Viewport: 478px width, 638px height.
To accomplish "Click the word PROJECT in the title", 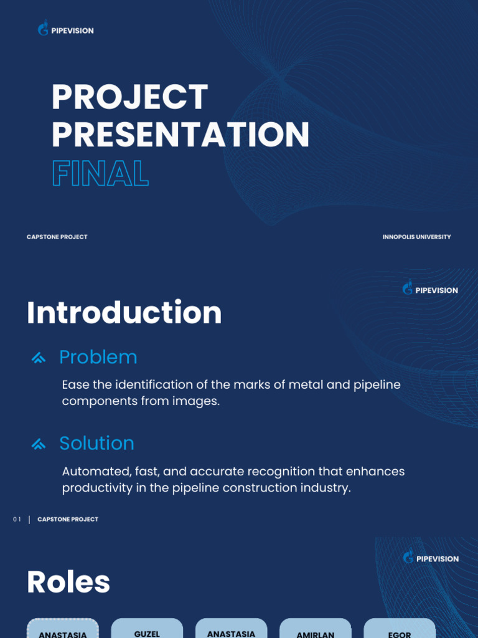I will (x=129, y=97).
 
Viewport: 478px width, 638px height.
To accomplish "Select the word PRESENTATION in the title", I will (x=180, y=135).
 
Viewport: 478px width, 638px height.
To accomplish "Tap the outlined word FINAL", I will (x=100, y=173).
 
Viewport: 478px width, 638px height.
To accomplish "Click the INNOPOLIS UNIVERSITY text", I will (x=416, y=237).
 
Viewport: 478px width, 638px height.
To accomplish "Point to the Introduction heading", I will (x=124, y=313).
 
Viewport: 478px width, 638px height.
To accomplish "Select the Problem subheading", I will (x=98, y=357).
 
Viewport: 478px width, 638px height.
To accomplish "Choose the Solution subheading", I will (x=96, y=443).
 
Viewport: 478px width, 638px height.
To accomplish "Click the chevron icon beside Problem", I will (x=39, y=358).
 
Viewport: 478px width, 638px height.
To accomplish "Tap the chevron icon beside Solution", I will (x=39, y=444).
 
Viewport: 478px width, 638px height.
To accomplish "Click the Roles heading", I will (x=68, y=583).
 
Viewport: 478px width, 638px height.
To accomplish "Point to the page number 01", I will (x=17, y=520).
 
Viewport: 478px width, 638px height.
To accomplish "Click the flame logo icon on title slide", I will (x=43, y=29).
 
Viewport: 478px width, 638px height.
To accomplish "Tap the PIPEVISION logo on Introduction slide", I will (x=430, y=289).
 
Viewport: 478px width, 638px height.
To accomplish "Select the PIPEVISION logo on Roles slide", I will (x=431, y=558).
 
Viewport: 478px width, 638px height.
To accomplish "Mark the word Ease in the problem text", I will (x=75, y=385).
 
